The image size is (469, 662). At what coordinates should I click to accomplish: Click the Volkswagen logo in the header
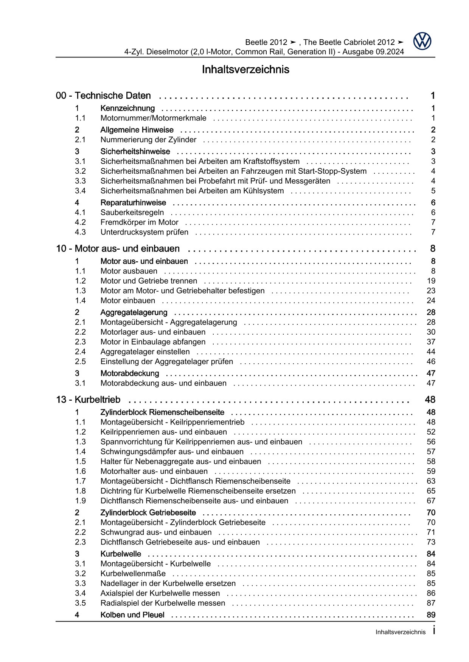point(422,42)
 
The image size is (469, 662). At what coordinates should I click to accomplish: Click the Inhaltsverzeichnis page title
point(245,69)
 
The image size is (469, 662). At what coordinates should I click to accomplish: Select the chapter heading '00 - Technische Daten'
point(103,96)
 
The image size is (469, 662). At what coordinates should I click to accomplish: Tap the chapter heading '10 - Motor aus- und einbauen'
point(118,248)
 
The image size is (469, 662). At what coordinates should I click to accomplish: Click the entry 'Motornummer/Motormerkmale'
point(153,118)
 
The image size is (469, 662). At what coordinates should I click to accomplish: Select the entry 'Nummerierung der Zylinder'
point(148,140)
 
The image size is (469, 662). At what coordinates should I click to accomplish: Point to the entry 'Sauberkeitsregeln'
point(132,213)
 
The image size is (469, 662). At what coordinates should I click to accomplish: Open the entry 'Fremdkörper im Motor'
point(139,222)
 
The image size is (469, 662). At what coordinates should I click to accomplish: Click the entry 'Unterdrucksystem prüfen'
point(144,232)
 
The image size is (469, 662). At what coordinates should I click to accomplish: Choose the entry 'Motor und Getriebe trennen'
point(149,281)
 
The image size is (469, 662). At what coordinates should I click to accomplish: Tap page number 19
point(431,281)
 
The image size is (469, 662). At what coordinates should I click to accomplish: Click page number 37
point(431,342)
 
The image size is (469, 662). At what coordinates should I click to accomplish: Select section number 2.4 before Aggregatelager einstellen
point(80,352)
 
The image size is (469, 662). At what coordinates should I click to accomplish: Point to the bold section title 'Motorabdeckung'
point(129,373)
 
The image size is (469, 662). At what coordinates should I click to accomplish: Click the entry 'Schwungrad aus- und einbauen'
point(156,532)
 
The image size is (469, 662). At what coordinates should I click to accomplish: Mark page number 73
point(431,542)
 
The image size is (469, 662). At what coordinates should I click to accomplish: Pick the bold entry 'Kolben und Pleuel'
point(132,615)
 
